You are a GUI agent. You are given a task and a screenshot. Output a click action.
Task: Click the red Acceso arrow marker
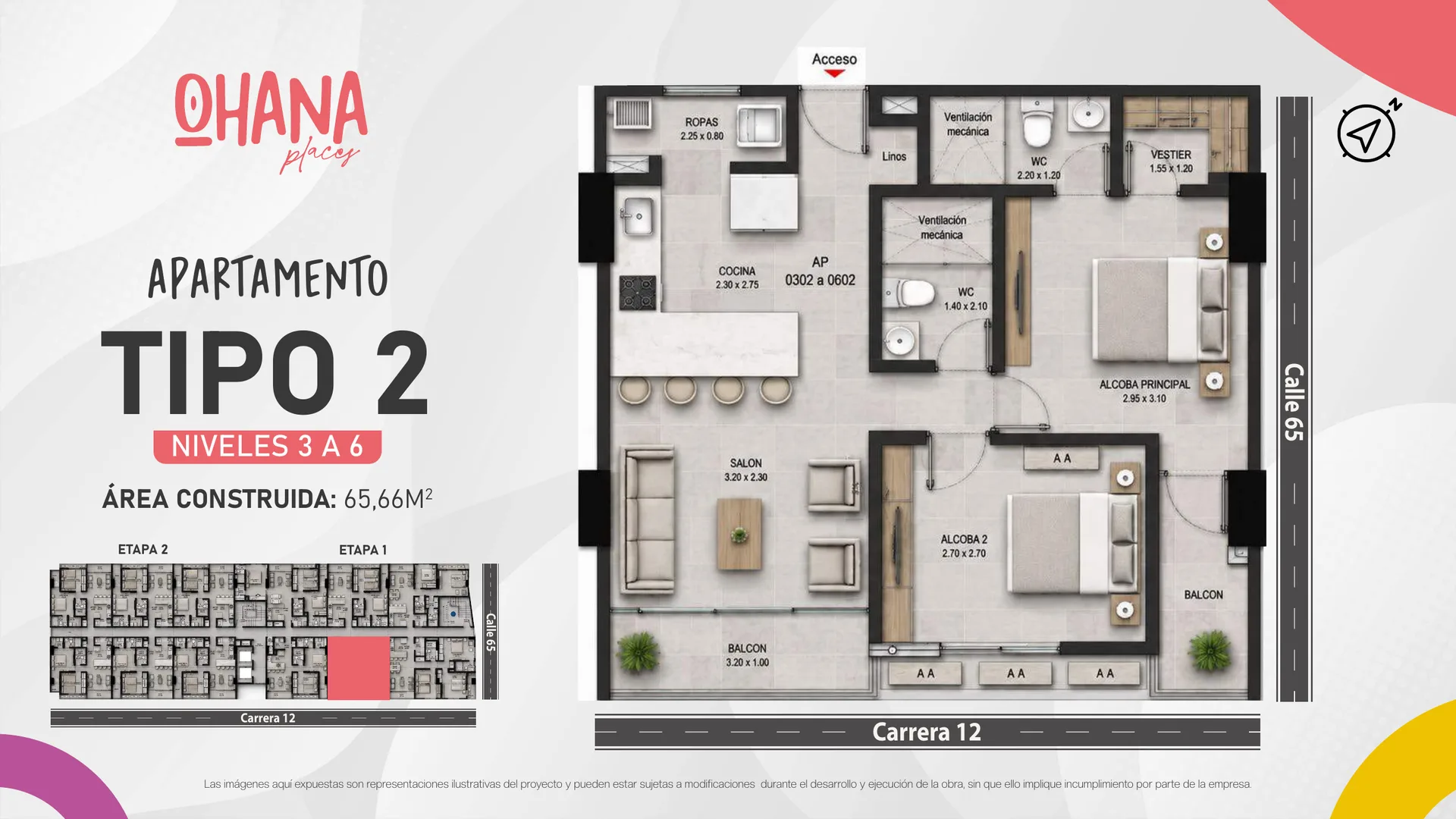click(x=834, y=74)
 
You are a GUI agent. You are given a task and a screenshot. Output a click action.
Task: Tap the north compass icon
click(x=1367, y=132)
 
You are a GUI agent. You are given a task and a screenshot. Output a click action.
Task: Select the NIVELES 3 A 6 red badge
click(x=267, y=447)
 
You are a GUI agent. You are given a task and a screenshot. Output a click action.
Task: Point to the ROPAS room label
click(x=701, y=122)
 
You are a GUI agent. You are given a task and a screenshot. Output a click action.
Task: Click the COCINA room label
click(x=737, y=271)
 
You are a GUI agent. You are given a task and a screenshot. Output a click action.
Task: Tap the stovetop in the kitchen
click(x=638, y=293)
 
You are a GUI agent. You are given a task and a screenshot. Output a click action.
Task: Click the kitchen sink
click(x=638, y=217)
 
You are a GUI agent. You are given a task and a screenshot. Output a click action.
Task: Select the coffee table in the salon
click(x=739, y=534)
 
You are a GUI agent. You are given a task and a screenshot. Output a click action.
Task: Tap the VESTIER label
click(x=1171, y=155)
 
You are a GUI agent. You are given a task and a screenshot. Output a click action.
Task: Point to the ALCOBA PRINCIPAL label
click(x=1144, y=384)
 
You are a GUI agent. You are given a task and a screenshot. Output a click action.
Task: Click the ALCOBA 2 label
click(x=964, y=539)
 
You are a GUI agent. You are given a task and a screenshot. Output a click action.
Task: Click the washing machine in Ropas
click(x=760, y=124)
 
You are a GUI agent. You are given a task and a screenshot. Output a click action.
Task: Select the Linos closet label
click(x=894, y=156)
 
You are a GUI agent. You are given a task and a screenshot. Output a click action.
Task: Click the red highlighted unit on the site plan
click(x=359, y=667)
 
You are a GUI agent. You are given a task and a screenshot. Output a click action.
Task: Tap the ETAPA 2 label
click(x=143, y=549)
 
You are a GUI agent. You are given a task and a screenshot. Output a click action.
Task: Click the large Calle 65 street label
click(x=1294, y=402)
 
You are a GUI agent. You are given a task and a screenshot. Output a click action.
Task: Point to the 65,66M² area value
click(x=388, y=498)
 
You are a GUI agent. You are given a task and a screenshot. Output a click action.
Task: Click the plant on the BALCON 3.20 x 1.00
click(x=639, y=652)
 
